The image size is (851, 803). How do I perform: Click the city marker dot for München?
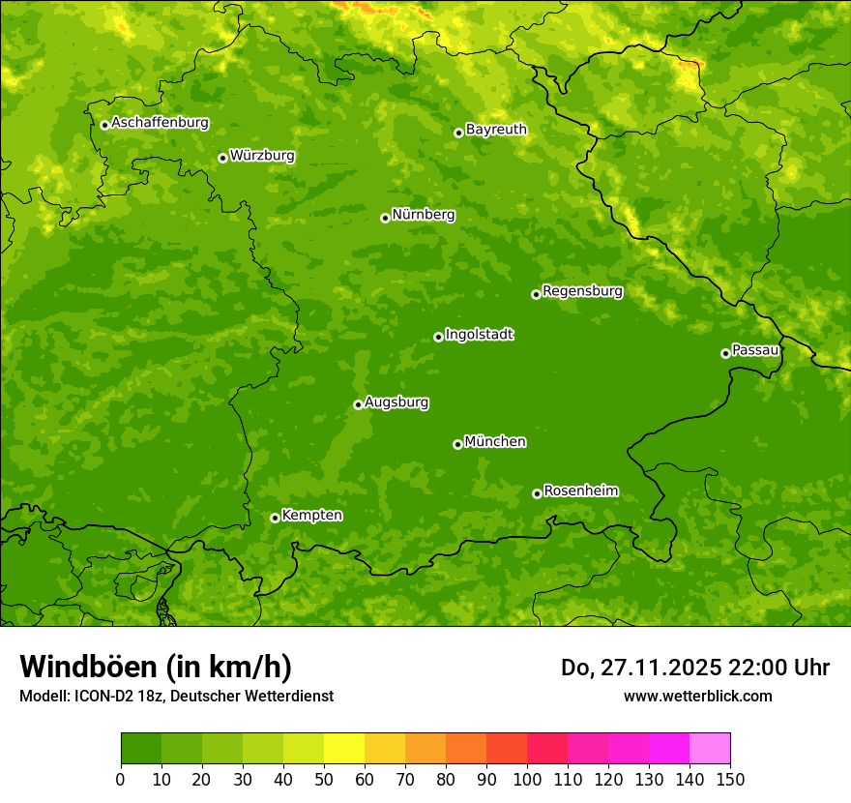[x=457, y=444]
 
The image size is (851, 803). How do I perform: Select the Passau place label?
[x=754, y=350]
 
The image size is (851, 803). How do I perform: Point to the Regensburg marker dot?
[x=536, y=294]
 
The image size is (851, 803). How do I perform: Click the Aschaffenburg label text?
[x=160, y=123]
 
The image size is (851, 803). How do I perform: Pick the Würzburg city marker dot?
[x=222, y=158]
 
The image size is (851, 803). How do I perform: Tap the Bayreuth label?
[x=496, y=130]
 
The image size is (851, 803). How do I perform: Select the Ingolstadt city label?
[x=479, y=335]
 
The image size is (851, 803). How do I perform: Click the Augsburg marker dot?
[x=358, y=404]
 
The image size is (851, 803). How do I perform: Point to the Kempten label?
[x=311, y=516]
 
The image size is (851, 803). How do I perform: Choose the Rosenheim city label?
[x=580, y=491]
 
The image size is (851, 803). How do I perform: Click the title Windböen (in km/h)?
[x=156, y=667]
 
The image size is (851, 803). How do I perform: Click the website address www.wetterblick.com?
[x=697, y=696]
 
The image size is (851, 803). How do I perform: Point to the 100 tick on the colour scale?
[x=527, y=778]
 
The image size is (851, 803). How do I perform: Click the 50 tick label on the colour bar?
[x=324, y=778]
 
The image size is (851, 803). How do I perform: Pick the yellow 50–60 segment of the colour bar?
[x=344, y=749]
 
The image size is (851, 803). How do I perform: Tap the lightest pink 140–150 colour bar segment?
[x=710, y=749]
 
